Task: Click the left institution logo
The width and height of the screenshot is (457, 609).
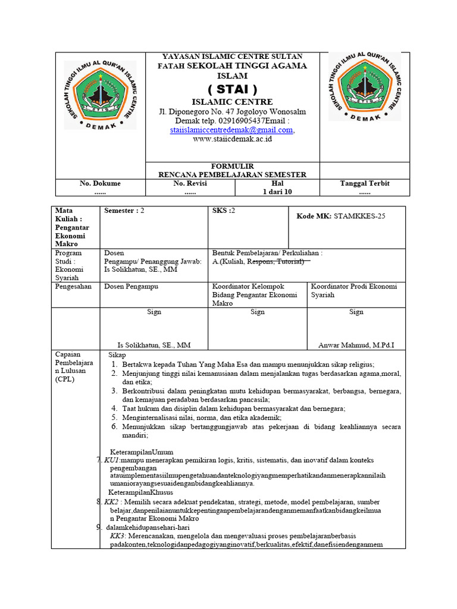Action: click(x=100, y=95)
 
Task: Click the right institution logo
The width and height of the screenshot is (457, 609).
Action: click(x=364, y=87)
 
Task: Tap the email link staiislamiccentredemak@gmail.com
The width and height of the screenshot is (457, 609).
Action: click(x=231, y=130)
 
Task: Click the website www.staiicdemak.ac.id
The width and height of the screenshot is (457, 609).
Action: click(x=232, y=139)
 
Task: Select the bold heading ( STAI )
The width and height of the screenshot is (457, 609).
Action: click(x=232, y=90)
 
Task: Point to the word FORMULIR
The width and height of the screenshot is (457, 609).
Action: click(x=232, y=166)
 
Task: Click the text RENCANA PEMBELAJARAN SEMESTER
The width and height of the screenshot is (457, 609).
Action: click(x=232, y=174)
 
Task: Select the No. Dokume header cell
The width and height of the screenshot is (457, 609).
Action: click(x=100, y=183)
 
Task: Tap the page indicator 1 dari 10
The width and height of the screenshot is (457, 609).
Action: click(x=277, y=192)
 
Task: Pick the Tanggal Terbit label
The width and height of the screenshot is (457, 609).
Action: click(x=364, y=183)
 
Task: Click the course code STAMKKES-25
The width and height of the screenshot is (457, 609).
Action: click(x=359, y=216)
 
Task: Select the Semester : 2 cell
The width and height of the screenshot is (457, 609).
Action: click(x=124, y=211)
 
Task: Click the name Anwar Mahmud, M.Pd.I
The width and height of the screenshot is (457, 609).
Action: click(x=356, y=344)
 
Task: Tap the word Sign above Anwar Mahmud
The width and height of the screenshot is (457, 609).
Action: click(x=356, y=312)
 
